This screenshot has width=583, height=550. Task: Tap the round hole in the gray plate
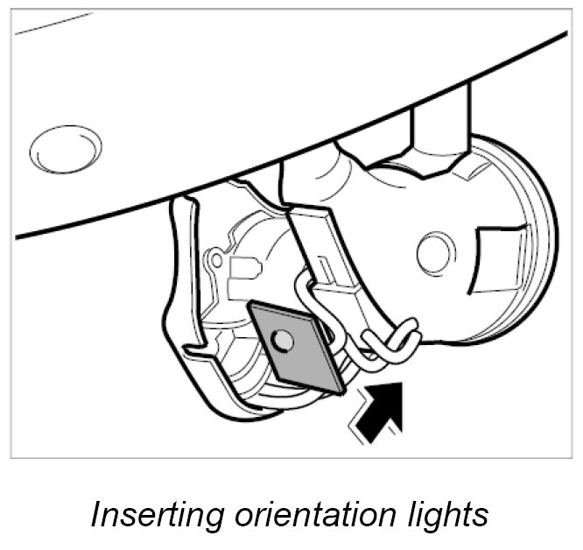pyautogui.click(x=281, y=339)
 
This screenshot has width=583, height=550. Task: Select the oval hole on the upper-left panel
pyautogui.click(x=64, y=150)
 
